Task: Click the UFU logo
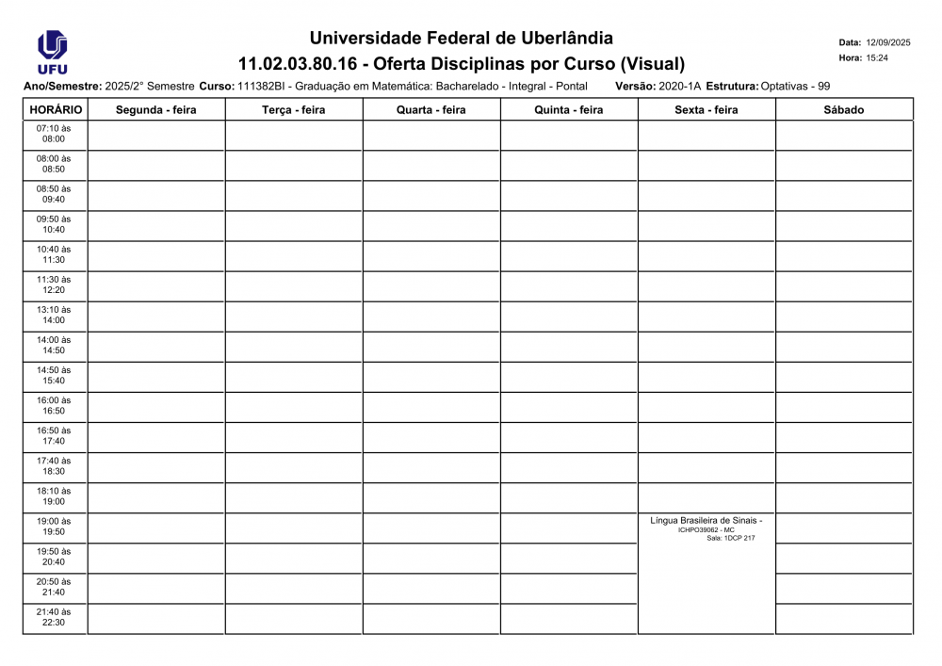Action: click(52, 52)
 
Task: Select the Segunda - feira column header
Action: click(155, 110)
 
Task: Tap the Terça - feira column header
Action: click(293, 110)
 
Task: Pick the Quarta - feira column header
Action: click(430, 110)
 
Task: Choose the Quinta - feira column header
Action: click(568, 110)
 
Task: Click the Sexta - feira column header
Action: click(706, 110)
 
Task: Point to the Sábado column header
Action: click(843, 110)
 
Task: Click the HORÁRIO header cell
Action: click(56, 110)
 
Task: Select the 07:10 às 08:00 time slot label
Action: click(54, 134)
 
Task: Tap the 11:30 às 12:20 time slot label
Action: click(54, 284)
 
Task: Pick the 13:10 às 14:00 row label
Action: click(54, 315)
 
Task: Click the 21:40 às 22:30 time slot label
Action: click(54, 617)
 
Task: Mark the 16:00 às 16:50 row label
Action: click(54, 405)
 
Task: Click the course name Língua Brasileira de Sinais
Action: click(706, 520)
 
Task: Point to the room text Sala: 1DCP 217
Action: click(731, 538)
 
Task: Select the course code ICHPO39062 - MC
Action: click(706, 529)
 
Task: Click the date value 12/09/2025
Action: click(888, 42)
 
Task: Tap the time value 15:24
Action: click(877, 58)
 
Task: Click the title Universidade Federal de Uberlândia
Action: click(461, 39)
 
